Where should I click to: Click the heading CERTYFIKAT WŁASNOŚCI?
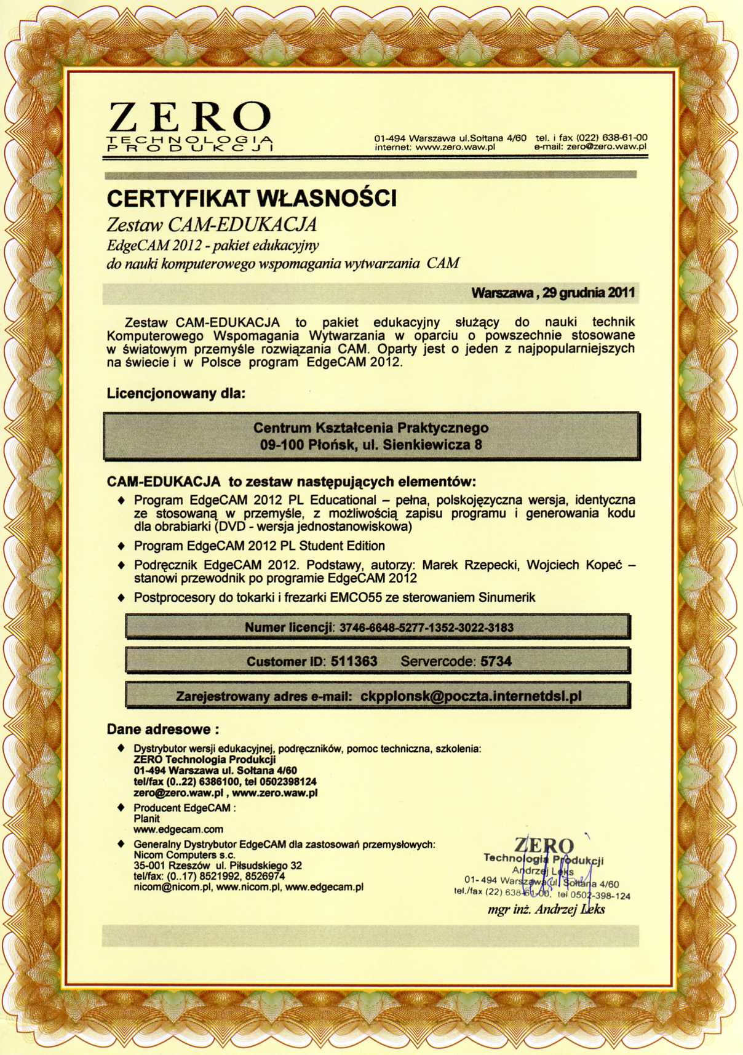[x=252, y=199]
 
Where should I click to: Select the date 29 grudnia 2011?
[x=589, y=293]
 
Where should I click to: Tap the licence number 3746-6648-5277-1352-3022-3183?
[x=426, y=627]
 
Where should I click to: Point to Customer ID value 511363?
[x=354, y=661]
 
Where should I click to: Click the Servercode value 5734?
[x=496, y=661]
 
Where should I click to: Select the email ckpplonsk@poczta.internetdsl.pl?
[x=471, y=696]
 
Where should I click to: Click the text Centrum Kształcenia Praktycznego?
[x=371, y=428]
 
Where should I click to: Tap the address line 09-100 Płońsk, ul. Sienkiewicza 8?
[x=371, y=444]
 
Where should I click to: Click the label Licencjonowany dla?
[x=176, y=393]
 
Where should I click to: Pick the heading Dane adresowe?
[x=163, y=730]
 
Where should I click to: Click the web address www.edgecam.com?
[x=178, y=829]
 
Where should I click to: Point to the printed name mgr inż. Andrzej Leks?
[x=546, y=909]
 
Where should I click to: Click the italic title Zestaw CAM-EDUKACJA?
[x=212, y=225]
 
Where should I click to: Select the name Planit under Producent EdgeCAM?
[x=146, y=819]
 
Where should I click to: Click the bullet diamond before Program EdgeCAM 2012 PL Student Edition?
[x=121, y=546]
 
